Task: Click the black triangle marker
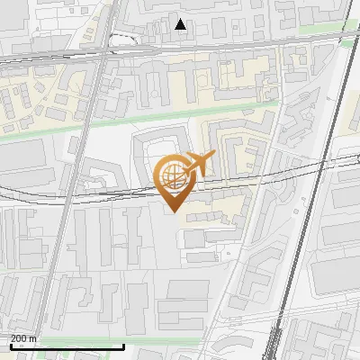click(x=181, y=24)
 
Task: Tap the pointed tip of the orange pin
click(x=173, y=211)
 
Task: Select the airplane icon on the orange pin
click(x=198, y=164)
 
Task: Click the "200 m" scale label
click(x=23, y=338)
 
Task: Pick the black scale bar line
click(x=67, y=346)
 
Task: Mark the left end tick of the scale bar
click(x=11, y=345)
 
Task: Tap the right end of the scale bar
click(x=123, y=345)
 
